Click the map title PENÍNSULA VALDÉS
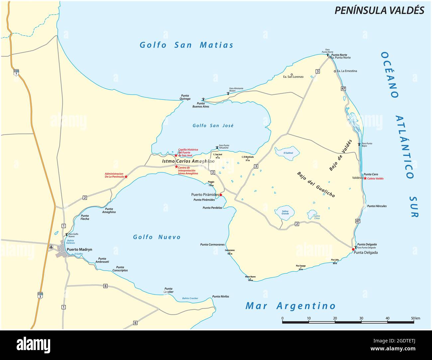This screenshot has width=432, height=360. tap(379, 10)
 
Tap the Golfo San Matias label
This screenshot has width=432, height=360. tap(186, 45)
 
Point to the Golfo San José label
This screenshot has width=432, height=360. tap(213, 126)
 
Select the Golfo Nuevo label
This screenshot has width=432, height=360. tap(157, 237)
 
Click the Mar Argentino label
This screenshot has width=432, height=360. tap(290, 306)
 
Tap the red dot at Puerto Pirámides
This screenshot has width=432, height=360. tap(221, 195)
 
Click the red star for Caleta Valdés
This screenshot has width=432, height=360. tap(365, 178)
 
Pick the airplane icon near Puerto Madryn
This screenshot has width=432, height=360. tap(51, 247)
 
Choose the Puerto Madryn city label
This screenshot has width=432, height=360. tap(79, 249)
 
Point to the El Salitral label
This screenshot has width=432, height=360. tap(288, 153)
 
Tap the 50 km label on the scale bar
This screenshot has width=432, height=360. tap(415, 318)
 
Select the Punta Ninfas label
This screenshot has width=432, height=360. tap(221, 297)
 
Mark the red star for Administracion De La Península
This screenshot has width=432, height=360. tap(126, 177)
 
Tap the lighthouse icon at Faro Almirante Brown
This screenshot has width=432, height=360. tap(228, 93)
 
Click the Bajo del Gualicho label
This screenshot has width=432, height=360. tap(316, 185)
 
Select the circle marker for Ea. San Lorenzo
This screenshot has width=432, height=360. tap(291, 74)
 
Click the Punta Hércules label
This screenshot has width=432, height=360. tap(377, 206)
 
